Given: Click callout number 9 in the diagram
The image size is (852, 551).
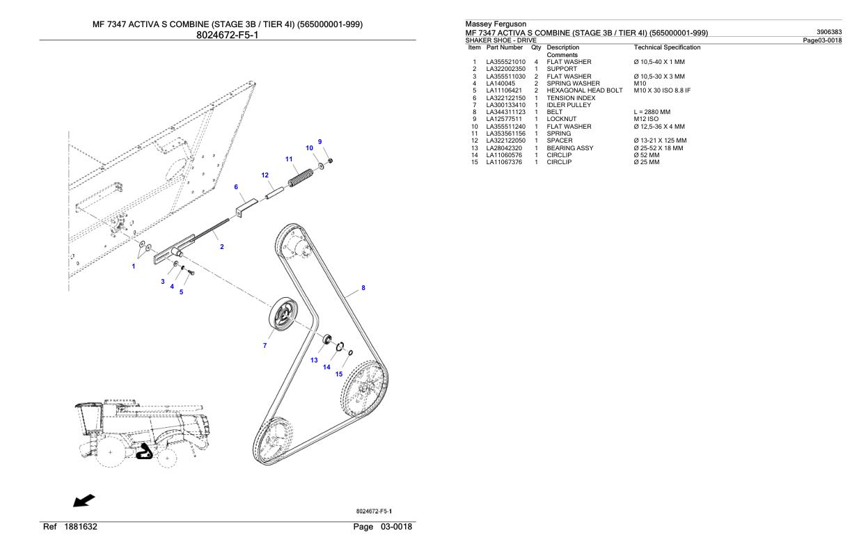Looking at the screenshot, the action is coord(320,142).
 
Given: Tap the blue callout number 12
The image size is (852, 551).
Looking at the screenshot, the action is coord(265,175).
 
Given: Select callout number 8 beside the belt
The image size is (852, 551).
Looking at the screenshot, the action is coord(363,288).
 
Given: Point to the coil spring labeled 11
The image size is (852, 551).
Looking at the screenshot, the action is coord(301,178).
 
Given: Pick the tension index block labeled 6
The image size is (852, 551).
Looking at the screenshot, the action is coord(246,207).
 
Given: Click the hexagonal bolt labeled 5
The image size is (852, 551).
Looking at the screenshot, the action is coord(191,272).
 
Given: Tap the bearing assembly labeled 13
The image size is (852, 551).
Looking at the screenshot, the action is coord(327,338).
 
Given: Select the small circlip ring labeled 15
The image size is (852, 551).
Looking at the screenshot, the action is coord(350,353).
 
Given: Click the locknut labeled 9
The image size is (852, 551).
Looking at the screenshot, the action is coord(331,161).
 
